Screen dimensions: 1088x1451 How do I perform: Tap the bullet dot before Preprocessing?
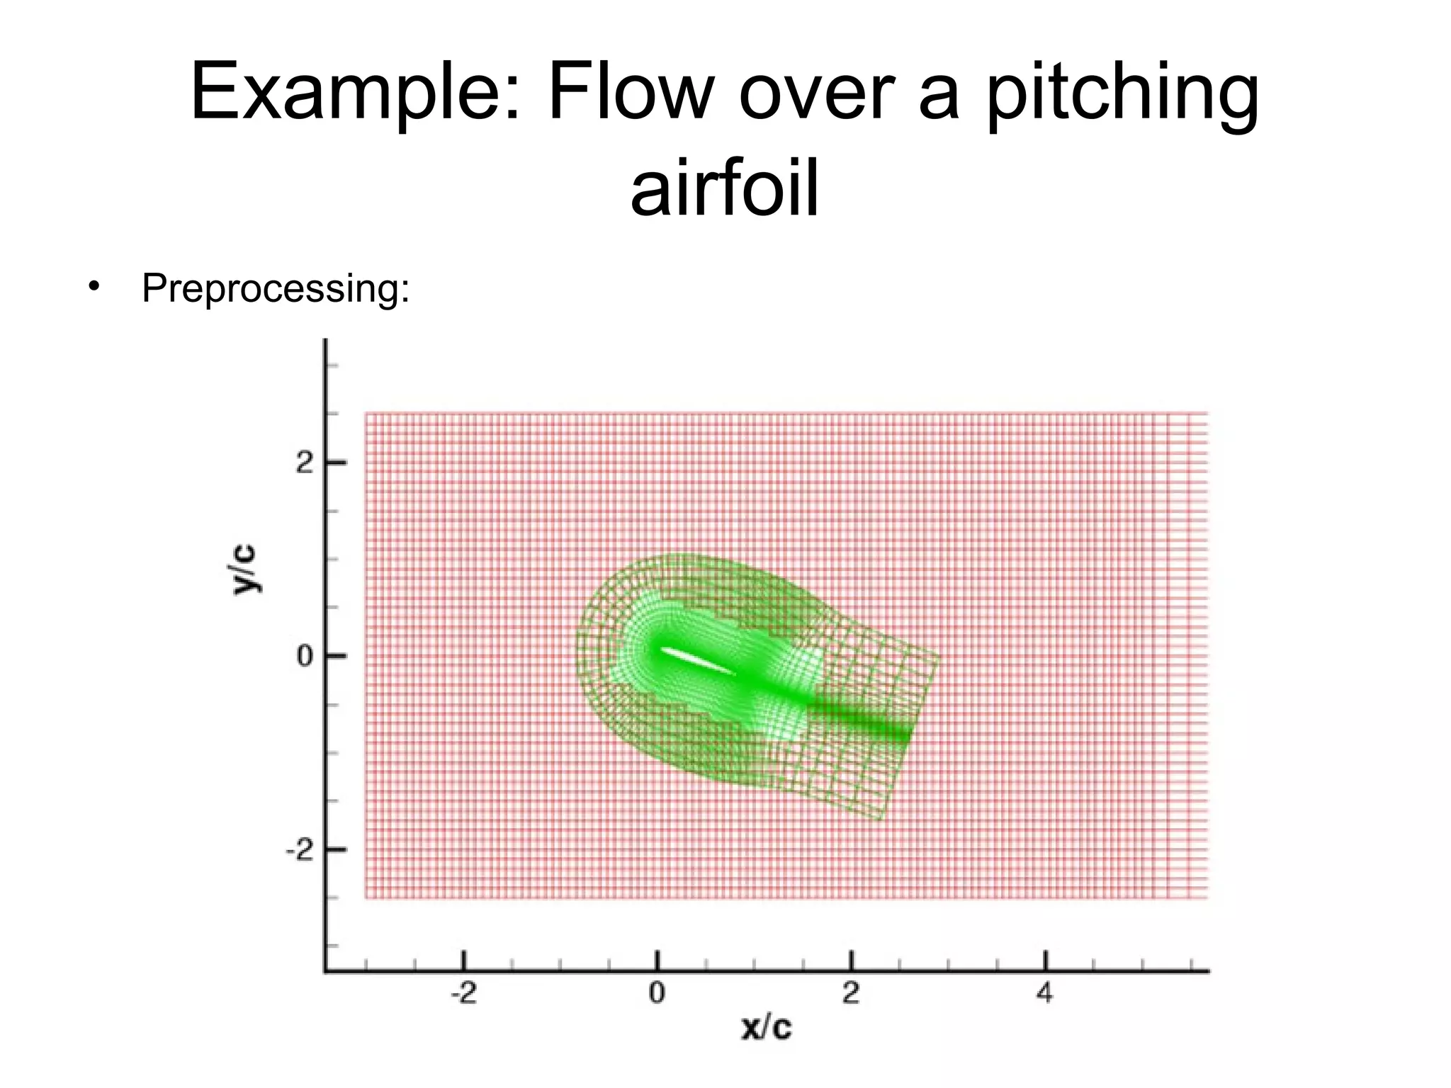coord(92,287)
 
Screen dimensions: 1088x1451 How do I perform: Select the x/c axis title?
coord(766,1026)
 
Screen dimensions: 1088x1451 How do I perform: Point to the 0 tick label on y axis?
coord(305,656)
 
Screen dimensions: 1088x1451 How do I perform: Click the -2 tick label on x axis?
coord(463,994)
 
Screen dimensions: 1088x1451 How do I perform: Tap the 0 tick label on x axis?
coord(657,994)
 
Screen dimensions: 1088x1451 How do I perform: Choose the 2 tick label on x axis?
coord(851,994)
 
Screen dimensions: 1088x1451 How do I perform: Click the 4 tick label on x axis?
coord(1045,994)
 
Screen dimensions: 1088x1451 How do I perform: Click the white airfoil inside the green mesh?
coord(698,661)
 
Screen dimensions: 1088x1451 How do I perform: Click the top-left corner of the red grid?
coord(366,414)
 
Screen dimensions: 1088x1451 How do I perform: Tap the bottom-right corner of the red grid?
coord(1207,898)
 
